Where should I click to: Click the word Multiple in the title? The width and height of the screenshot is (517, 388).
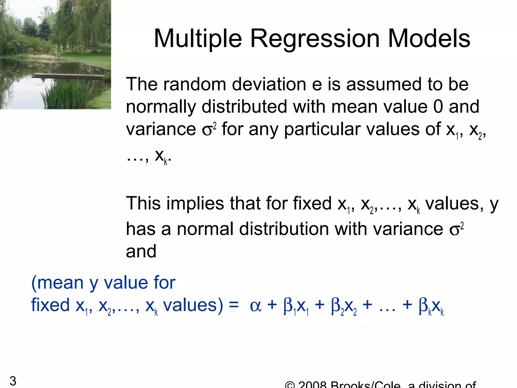pos(198,39)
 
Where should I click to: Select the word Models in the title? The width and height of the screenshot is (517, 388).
pos(429,39)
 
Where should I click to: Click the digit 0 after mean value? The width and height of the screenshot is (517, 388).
pos(438,107)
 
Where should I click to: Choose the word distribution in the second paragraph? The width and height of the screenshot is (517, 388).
pos(284,229)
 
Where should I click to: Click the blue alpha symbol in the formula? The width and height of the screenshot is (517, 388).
pos(255,306)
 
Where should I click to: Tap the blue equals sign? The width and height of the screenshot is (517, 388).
pos(234,305)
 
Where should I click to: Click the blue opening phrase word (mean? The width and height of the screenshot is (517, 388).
pos(57,283)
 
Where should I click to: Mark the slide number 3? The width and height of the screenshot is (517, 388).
pos(13,381)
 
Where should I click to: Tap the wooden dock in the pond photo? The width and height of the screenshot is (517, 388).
pos(68,75)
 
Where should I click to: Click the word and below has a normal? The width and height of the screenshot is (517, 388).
pos(141,251)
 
